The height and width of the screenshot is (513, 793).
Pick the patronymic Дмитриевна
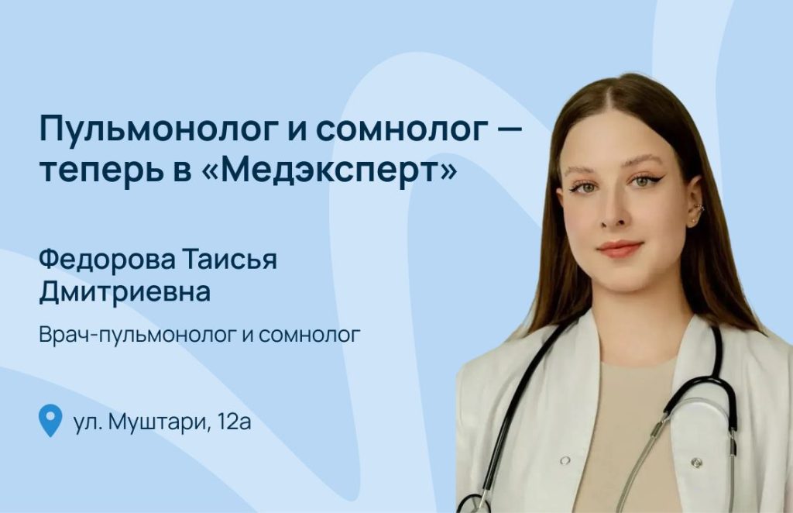(x=125, y=292)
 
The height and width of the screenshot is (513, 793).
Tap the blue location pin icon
(x=50, y=421)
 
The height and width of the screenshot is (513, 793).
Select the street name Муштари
(x=160, y=422)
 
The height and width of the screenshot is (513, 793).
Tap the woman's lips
(x=620, y=250)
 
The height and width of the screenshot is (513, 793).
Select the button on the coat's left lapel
(x=565, y=460)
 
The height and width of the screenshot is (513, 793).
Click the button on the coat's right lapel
(x=697, y=462)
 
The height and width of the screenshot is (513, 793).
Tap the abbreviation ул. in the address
(x=88, y=422)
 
